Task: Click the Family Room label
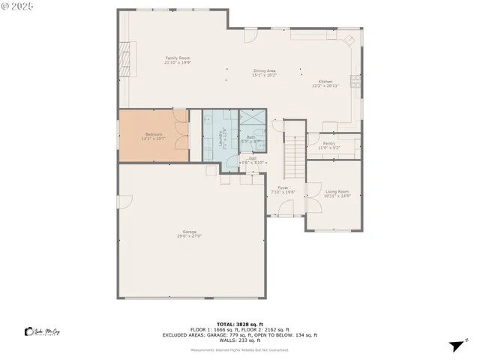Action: pyautogui.click(x=176, y=58)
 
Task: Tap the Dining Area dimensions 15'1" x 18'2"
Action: pyautogui.click(x=264, y=75)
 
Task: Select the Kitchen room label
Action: pyautogui.click(x=325, y=81)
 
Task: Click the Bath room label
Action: pyautogui.click(x=250, y=136)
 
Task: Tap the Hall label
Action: pyautogui.click(x=253, y=158)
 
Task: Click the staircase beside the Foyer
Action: pyautogui.click(x=295, y=154)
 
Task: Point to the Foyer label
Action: pyautogui.click(x=283, y=187)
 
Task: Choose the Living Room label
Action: pyautogui.click(x=337, y=191)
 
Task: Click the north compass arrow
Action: pyautogui.click(x=454, y=346)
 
